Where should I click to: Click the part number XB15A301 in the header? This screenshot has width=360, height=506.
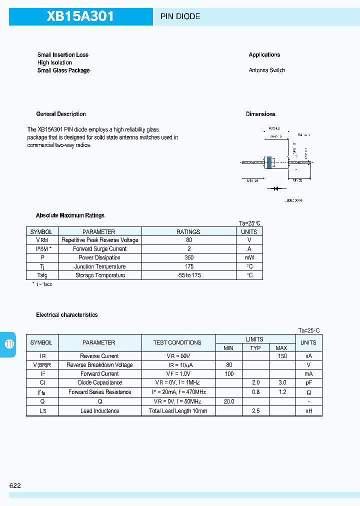pyautogui.click(x=80, y=16)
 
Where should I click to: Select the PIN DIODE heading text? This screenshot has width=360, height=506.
pyautogui.click(x=180, y=16)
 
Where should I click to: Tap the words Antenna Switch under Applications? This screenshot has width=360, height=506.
pyautogui.click(x=267, y=70)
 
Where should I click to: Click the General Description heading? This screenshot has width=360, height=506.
pyautogui.click(x=61, y=114)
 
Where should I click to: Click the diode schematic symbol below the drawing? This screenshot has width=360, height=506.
pyautogui.click(x=275, y=188)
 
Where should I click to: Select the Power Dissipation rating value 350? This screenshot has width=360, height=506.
pyautogui.click(x=189, y=257)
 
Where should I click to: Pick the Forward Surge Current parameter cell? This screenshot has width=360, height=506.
pyautogui.click(x=99, y=249)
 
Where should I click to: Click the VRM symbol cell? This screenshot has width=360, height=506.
pyautogui.click(x=42, y=240)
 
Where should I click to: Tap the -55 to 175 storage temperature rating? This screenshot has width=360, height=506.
pyautogui.click(x=189, y=275)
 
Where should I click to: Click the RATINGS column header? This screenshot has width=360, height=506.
pyautogui.click(x=188, y=231)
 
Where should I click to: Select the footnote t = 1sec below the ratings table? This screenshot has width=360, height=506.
pyautogui.click(x=42, y=284)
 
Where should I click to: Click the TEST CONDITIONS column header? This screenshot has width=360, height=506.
pyautogui.click(x=177, y=342)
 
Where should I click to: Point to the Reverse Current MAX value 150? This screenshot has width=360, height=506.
pyautogui.click(x=281, y=356)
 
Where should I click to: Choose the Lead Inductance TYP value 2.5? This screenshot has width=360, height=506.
pyautogui.click(x=255, y=411)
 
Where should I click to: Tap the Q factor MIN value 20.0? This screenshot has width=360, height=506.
pyautogui.click(x=228, y=401)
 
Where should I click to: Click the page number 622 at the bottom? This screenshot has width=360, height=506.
pyautogui.click(x=15, y=485)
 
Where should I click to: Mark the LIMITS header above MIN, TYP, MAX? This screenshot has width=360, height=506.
pyautogui.click(x=254, y=339)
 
